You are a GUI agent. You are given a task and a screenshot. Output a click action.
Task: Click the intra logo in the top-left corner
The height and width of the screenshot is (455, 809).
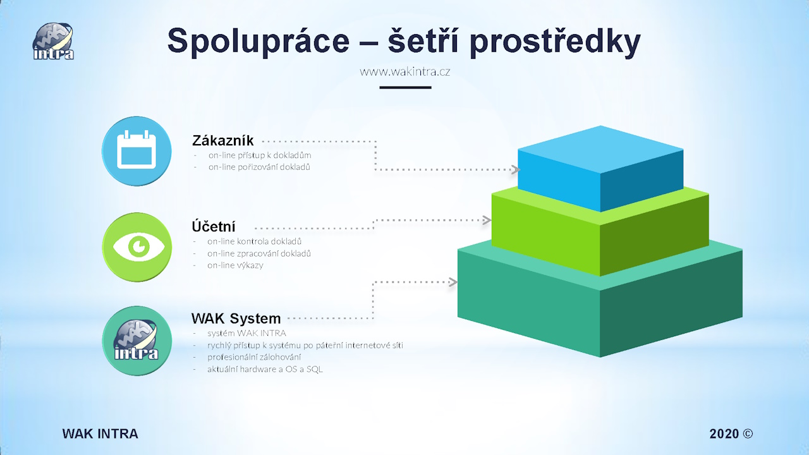click(x=54, y=41)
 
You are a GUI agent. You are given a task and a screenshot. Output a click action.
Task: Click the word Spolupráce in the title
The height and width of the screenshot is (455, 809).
click(x=259, y=42)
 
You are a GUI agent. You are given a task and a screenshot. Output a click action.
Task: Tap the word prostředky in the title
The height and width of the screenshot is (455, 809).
click(x=555, y=42)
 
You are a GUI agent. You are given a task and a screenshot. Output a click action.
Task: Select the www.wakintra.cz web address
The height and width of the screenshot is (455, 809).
click(x=405, y=72)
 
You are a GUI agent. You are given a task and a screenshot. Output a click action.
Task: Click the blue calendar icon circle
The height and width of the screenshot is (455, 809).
click(x=137, y=151)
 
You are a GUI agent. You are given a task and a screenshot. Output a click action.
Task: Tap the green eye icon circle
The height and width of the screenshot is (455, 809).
click(x=137, y=247)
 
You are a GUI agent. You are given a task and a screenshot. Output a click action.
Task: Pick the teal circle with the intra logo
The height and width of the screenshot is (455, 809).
click(x=137, y=341)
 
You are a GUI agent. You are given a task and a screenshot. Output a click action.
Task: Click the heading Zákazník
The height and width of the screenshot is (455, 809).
click(x=223, y=140)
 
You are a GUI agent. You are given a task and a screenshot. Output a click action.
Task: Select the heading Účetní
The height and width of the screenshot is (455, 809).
click(x=214, y=227)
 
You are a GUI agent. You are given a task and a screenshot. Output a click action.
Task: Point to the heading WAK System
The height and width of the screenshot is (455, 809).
click(x=236, y=318)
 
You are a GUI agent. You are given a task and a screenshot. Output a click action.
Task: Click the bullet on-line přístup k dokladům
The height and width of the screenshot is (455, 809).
click(x=260, y=155)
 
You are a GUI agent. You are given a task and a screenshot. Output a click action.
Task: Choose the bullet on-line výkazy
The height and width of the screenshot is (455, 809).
click(x=235, y=265)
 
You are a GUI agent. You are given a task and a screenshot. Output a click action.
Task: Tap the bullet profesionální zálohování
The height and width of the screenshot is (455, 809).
click(x=254, y=357)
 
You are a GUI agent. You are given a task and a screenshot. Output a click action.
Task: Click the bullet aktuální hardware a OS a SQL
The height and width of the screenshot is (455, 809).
click(x=265, y=369)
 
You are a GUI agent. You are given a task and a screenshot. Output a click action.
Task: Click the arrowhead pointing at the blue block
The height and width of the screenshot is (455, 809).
click(x=516, y=169)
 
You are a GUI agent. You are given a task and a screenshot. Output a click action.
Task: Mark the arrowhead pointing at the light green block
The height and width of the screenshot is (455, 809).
click(x=487, y=220)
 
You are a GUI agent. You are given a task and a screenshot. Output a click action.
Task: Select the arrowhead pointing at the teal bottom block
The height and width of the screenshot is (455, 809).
click(x=453, y=282)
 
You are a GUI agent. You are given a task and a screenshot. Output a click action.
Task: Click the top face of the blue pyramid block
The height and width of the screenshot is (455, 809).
click(x=600, y=150)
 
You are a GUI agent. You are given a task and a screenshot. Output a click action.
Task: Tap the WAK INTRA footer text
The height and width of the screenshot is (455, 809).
click(x=100, y=434)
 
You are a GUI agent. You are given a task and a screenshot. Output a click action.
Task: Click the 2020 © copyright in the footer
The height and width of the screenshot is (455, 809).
click(x=731, y=434)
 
